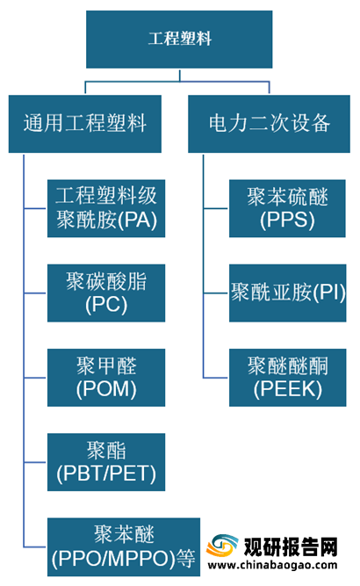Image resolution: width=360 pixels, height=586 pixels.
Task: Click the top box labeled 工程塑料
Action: click(x=179, y=40)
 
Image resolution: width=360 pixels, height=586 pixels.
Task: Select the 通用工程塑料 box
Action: click(x=85, y=124)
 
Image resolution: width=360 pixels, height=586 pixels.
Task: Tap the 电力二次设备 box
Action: click(x=269, y=124)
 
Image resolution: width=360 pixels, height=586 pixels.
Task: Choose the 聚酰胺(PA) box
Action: click(x=106, y=208)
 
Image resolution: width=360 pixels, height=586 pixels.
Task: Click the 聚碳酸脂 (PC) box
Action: click(x=106, y=293)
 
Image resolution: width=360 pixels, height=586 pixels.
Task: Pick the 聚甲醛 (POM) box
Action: click(x=106, y=378)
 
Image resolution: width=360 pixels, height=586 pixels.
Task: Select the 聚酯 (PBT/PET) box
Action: click(x=106, y=462)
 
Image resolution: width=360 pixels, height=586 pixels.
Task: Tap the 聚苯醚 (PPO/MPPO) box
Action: click(x=124, y=546)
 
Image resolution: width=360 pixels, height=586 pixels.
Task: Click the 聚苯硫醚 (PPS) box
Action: click(x=287, y=208)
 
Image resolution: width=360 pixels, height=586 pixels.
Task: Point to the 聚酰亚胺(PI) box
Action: click(x=287, y=293)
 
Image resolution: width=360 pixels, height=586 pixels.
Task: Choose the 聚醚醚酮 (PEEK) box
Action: click(x=287, y=378)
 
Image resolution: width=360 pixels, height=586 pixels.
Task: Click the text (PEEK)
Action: click(x=287, y=389)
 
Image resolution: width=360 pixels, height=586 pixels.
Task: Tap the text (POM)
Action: click(x=106, y=389)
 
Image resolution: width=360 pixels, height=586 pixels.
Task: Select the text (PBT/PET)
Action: click(x=106, y=474)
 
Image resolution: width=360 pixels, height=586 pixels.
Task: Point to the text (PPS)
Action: click(x=287, y=221)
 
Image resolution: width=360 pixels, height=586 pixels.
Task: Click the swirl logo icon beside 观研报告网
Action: click(x=222, y=546)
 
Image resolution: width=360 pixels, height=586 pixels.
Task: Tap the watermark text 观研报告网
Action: click(x=291, y=547)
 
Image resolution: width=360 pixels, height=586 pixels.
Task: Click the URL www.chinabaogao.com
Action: click(x=272, y=566)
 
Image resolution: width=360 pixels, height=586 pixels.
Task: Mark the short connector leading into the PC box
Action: click(x=35, y=293)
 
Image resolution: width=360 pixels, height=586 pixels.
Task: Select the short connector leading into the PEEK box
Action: click(x=216, y=378)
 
